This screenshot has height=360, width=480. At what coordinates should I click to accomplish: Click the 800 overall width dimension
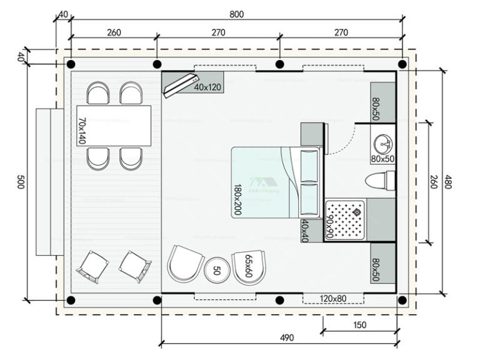[x=236, y=13]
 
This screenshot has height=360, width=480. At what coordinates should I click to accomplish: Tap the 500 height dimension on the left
[x=19, y=182]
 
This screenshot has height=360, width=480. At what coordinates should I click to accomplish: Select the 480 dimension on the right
[x=448, y=182]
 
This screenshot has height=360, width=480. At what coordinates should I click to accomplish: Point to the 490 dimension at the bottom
[x=286, y=337]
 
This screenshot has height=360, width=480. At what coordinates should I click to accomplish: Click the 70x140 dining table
[x=114, y=126]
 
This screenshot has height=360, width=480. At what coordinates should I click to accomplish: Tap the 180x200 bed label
[x=237, y=200]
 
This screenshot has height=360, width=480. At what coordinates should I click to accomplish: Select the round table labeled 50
[x=217, y=270]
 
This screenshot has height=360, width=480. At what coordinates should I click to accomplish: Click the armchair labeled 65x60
[x=248, y=268]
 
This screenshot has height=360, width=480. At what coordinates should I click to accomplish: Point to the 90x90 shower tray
[x=344, y=219]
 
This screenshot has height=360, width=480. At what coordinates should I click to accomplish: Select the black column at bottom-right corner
[x=403, y=299]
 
